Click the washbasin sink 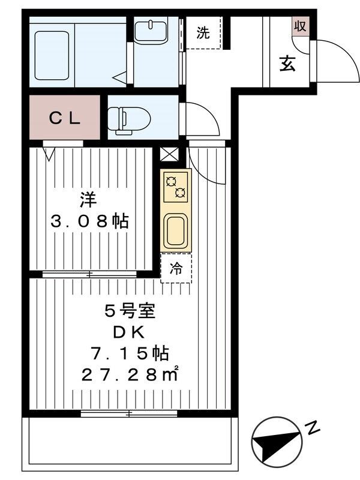[150, 31]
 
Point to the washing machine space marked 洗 [203, 33]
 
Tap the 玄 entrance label [287, 64]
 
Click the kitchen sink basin [175, 230]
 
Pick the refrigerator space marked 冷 [176, 268]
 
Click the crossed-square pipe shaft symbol [170, 154]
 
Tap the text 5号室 [130, 312]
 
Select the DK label [130, 332]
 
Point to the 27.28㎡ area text [130, 376]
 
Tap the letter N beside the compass [311, 427]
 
